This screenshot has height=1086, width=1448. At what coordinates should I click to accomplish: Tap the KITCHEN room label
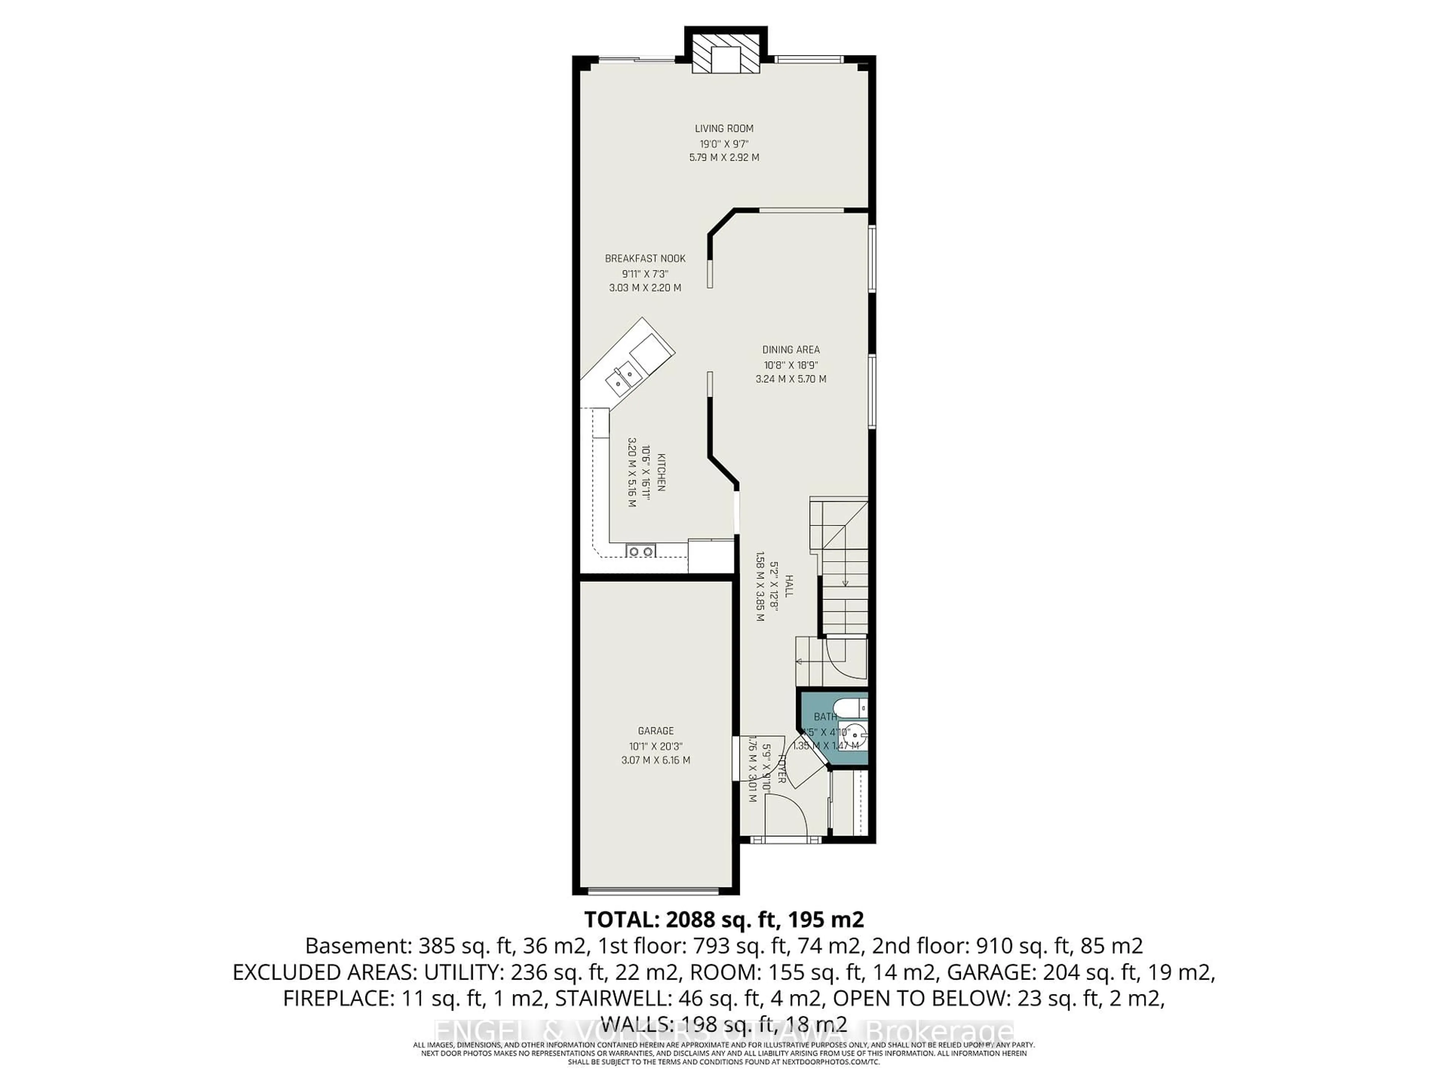(x=661, y=472)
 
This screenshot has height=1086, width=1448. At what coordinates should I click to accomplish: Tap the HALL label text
(x=789, y=586)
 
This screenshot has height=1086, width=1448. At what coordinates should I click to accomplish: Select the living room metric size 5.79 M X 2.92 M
(x=724, y=158)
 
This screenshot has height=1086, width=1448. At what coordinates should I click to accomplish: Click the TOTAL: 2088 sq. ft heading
(x=723, y=920)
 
